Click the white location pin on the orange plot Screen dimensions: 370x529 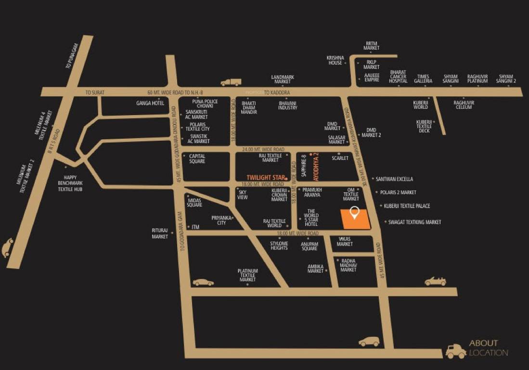pyautogui.click(x=355, y=212)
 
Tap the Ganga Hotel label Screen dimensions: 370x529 pyautogui.click(x=151, y=103)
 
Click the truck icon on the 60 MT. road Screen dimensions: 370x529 pyautogui.click(x=231, y=82)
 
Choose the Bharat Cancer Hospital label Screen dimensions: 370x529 pyautogui.click(x=398, y=76)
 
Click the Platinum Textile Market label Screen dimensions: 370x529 pyautogui.click(x=247, y=275)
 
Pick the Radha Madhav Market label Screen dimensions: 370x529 pyautogui.click(x=348, y=265)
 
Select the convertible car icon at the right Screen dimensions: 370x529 pyautogui.click(x=435, y=281)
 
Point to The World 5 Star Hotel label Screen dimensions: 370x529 pyautogui.click(x=311, y=218)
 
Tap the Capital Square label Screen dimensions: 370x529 pyautogui.click(x=197, y=159)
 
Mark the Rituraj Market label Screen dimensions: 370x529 pyautogui.click(x=160, y=233)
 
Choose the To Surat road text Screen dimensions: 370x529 pyautogui.click(x=95, y=92)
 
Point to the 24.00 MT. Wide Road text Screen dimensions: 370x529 pyautogui.click(x=263, y=149)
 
